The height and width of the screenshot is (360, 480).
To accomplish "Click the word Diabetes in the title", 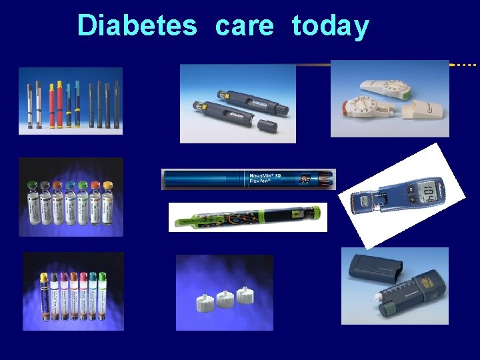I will click(137, 26).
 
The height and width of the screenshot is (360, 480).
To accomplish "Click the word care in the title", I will click(244, 26).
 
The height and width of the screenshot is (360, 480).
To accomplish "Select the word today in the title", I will click(330, 26).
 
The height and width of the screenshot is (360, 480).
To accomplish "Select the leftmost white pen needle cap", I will click(203, 303).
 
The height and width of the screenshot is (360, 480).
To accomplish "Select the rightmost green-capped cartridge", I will click(102, 293).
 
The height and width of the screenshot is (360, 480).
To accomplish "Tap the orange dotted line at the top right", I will click(465, 65).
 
